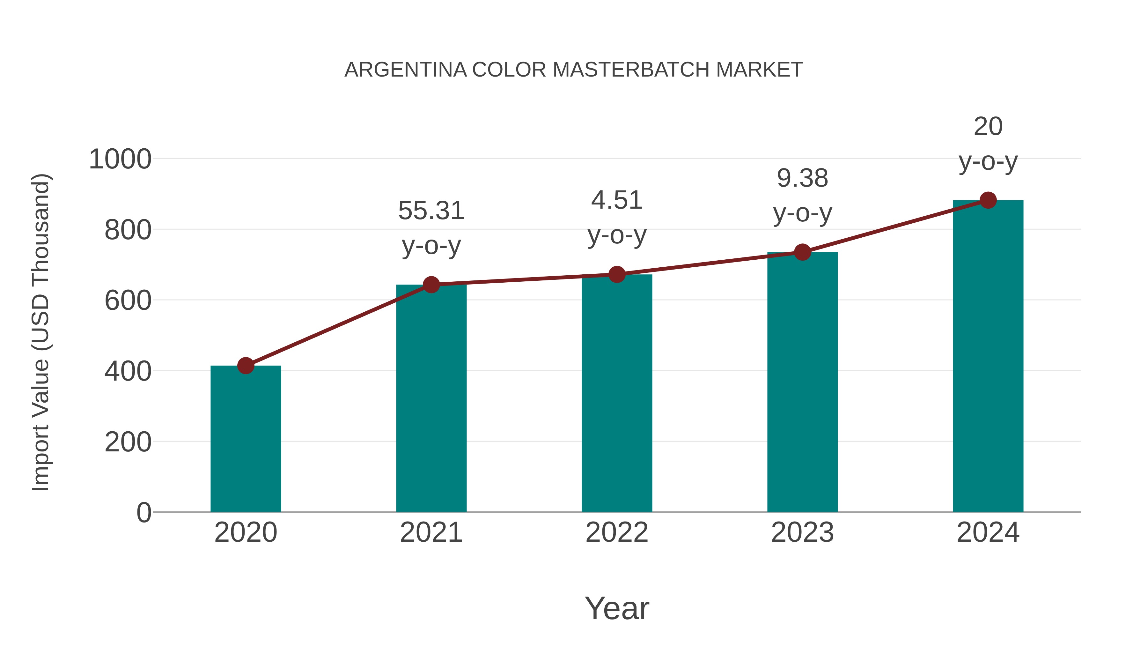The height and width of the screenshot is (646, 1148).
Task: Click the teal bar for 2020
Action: pos(246,439)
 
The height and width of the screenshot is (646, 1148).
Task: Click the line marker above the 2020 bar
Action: pos(246,366)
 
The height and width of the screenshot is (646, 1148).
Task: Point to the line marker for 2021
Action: pos(431,285)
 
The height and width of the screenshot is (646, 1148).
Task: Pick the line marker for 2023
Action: pos(802,252)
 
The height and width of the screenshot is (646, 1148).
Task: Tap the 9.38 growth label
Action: pos(802,178)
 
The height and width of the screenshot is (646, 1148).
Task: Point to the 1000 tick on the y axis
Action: pos(120,159)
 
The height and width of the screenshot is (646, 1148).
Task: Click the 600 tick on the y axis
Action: pos(128,301)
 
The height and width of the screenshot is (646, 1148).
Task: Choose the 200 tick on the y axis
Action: pos(128,442)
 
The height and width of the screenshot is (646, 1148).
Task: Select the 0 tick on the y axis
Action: pos(144,512)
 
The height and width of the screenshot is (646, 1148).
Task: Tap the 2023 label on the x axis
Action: pos(802,532)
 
